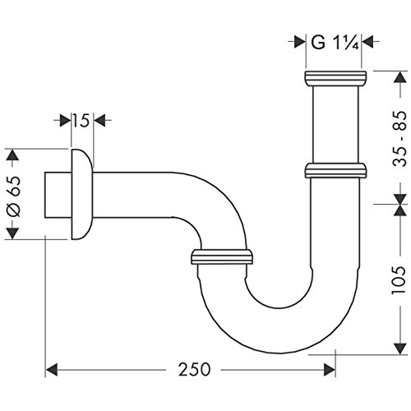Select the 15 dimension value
tap(80, 121)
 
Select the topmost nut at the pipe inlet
tap(334, 78)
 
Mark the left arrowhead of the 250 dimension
tap(50, 370)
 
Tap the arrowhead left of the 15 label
tap(62, 121)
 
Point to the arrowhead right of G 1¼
tap(367, 42)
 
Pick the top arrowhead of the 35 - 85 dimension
tap(397, 76)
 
